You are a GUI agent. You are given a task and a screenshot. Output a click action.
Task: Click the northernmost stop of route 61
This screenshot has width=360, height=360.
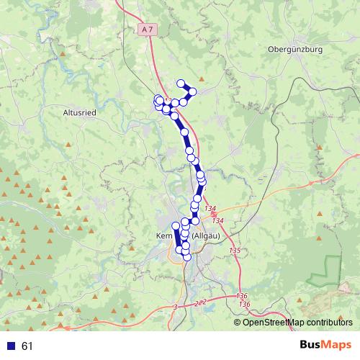coord(181,83)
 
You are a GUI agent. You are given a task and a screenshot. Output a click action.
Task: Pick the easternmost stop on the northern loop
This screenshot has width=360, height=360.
coord(193,91)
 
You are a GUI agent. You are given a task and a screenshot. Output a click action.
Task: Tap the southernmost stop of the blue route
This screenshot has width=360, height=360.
coord(186,256)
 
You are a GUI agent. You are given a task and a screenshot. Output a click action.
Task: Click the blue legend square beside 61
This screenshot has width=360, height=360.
coord(11,346)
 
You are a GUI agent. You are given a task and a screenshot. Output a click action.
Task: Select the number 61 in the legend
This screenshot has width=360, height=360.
coord(27,346)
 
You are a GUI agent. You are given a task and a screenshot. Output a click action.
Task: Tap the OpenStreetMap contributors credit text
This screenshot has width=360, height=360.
coord(297,323)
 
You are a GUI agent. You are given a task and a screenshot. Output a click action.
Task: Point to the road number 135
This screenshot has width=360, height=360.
coord(235,250)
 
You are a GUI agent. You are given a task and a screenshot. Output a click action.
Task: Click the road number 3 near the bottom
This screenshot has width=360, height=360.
coord(175,307)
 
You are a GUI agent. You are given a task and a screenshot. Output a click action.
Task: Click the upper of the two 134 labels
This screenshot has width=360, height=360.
coord(210,209)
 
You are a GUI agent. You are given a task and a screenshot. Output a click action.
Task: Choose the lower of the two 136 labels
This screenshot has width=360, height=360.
coord(245,305)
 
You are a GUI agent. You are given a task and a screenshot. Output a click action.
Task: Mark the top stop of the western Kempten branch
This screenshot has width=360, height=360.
coord(176,226)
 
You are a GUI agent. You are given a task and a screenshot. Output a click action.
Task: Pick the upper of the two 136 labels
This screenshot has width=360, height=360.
coord(241,296)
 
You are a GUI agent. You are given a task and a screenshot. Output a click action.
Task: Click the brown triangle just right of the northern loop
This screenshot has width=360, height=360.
coord(202,78)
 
